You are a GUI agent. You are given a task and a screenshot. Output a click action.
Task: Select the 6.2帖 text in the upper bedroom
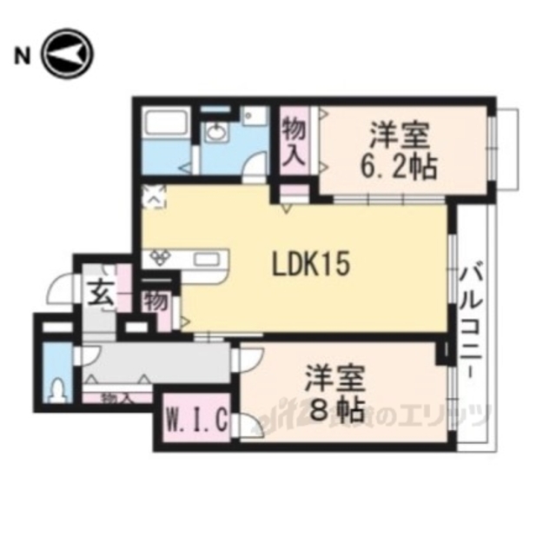click(x=401, y=163)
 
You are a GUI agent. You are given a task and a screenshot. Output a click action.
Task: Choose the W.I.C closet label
click(x=197, y=422)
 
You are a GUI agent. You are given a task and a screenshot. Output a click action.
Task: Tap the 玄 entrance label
click(x=98, y=295)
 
